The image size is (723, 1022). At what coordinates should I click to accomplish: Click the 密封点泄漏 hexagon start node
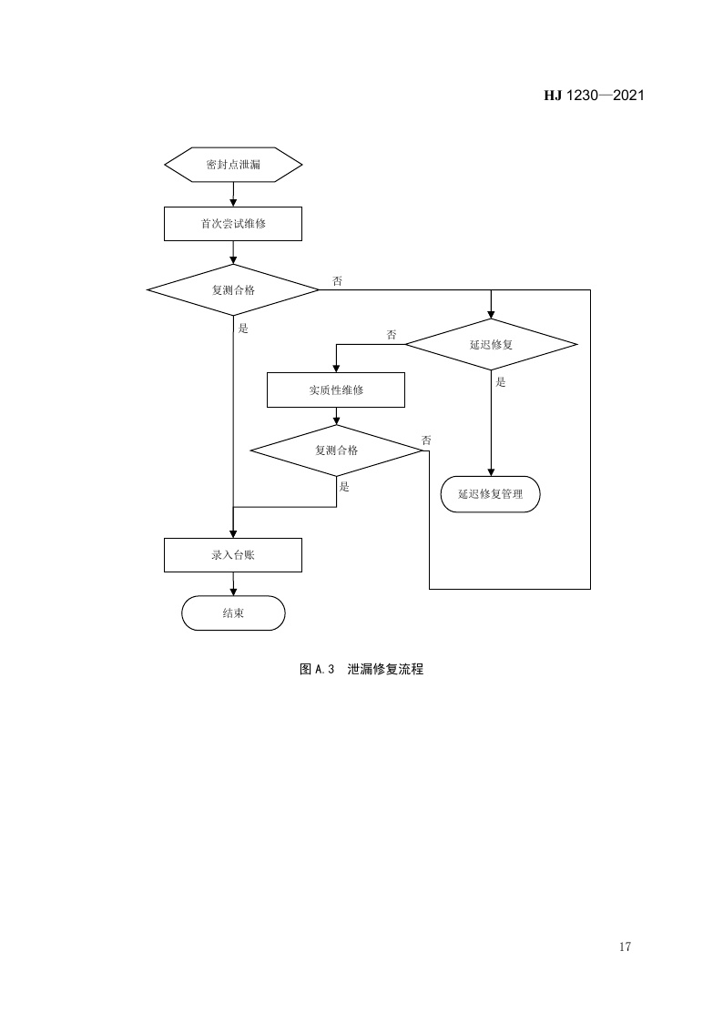[x=233, y=165]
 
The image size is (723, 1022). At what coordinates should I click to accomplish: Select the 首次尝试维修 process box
[x=233, y=223]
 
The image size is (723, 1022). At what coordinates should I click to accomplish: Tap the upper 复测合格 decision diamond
[x=233, y=290]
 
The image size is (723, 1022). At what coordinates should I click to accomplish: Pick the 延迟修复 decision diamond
[x=491, y=345]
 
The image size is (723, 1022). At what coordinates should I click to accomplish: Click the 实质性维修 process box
[x=336, y=390]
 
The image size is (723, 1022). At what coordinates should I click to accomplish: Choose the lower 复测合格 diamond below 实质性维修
[x=336, y=450]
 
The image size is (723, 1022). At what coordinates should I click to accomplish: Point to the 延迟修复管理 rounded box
[x=491, y=494]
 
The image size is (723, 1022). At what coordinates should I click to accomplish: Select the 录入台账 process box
[x=233, y=554]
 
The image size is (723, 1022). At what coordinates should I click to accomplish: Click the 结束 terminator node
[x=233, y=613]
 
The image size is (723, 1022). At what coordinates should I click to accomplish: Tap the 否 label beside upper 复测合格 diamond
[x=337, y=281]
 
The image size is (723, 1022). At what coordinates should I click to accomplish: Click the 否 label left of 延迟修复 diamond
[x=392, y=335]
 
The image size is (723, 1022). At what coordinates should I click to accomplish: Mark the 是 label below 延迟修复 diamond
[x=501, y=382]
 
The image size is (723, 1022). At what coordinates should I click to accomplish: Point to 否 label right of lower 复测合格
[x=426, y=440]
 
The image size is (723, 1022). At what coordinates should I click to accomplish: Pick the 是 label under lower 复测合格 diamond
[x=344, y=487]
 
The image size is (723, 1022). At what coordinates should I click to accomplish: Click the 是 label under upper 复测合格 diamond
[x=243, y=328]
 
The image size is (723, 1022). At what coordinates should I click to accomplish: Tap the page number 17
[x=625, y=947]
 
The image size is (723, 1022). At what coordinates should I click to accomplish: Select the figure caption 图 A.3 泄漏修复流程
[x=361, y=670]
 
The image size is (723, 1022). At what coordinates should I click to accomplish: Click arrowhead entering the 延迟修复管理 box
[x=491, y=471]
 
